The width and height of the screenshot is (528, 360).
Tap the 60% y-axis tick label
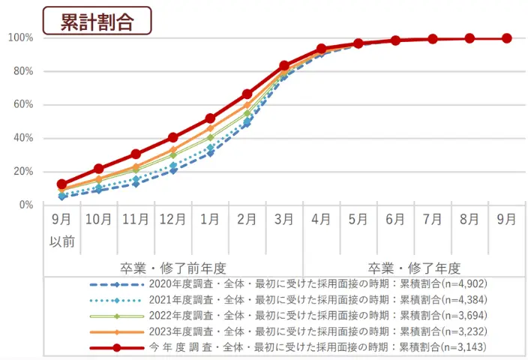point(21,105)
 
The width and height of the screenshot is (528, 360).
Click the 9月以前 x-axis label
point(62,229)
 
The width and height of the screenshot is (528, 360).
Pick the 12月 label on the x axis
point(172,220)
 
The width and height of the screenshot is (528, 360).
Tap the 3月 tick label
point(284,220)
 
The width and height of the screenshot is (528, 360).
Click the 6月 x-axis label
point(395,220)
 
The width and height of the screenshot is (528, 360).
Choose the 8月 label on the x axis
point(469,220)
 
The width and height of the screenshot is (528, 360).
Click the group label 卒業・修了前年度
point(172,268)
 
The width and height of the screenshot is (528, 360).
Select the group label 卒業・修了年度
point(414,268)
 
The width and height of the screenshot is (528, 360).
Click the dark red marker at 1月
point(210,118)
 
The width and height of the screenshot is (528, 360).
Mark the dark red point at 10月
point(99,169)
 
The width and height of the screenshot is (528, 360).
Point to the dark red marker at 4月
point(321,49)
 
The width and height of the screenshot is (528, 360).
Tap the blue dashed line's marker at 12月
point(173,170)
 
